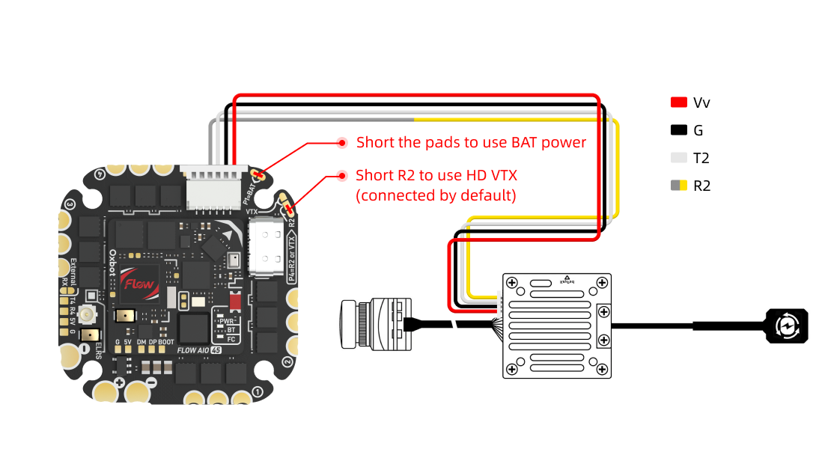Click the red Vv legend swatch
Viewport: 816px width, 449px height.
(x=679, y=103)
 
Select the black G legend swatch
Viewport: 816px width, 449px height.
(x=679, y=130)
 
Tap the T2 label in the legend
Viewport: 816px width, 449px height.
(x=701, y=158)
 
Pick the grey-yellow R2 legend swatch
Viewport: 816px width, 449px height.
(x=679, y=186)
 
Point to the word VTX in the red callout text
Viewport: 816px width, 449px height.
(x=501, y=175)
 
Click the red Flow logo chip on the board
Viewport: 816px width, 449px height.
(x=138, y=284)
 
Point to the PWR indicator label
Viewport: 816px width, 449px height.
(x=228, y=320)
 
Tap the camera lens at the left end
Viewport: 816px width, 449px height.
(x=349, y=324)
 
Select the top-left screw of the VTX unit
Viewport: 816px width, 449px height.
(x=512, y=283)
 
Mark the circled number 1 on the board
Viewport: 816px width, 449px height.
(x=258, y=391)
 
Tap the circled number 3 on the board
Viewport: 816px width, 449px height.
(x=70, y=204)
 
